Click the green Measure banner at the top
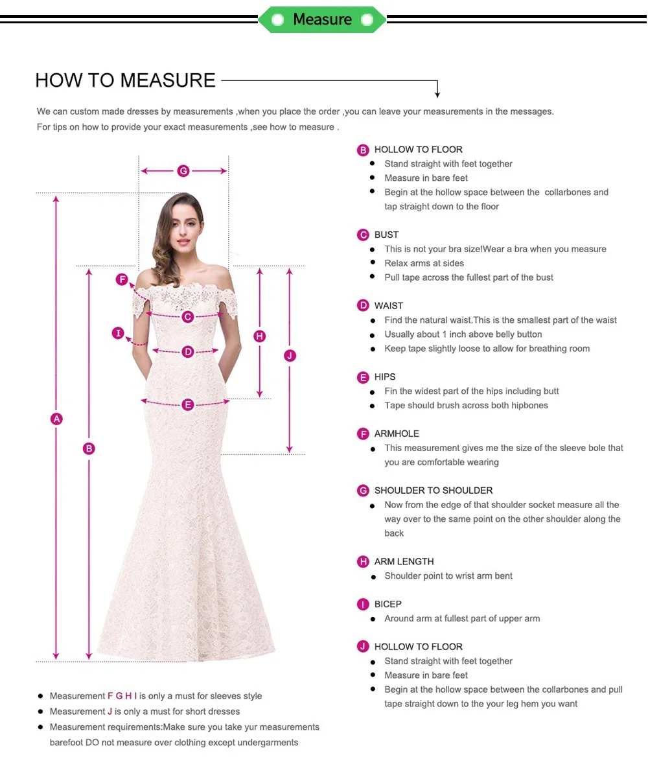(x=322, y=19)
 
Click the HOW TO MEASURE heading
(x=125, y=80)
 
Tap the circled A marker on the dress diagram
(x=56, y=419)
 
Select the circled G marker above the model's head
(x=183, y=171)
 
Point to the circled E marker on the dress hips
(x=188, y=405)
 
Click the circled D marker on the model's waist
(x=188, y=352)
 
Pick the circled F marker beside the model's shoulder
(x=122, y=279)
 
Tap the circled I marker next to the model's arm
(x=118, y=333)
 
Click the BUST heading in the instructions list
(x=386, y=235)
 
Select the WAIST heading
(x=389, y=305)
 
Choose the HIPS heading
(x=385, y=377)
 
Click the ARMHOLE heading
(x=397, y=434)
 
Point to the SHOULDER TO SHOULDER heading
(x=434, y=491)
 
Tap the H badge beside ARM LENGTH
(x=363, y=561)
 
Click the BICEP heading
(x=388, y=604)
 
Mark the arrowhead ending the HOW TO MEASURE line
(x=437, y=95)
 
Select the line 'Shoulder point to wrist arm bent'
(x=448, y=575)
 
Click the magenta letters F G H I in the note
(x=122, y=696)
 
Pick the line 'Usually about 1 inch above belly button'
(x=463, y=334)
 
